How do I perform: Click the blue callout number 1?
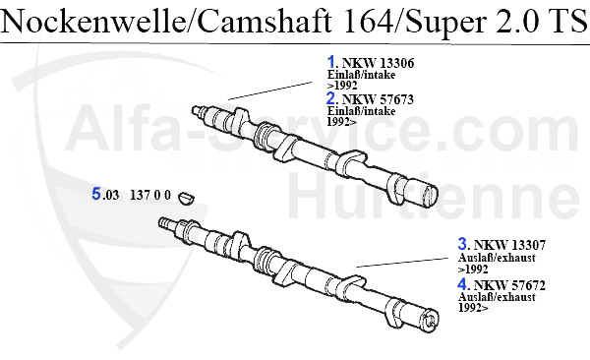(331, 62)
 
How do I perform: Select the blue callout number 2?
(331, 98)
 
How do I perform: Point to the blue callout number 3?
(461, 244)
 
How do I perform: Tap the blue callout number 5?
(96, 195)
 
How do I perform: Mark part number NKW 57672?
(504, 285)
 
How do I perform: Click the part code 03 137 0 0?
(138, 196)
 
